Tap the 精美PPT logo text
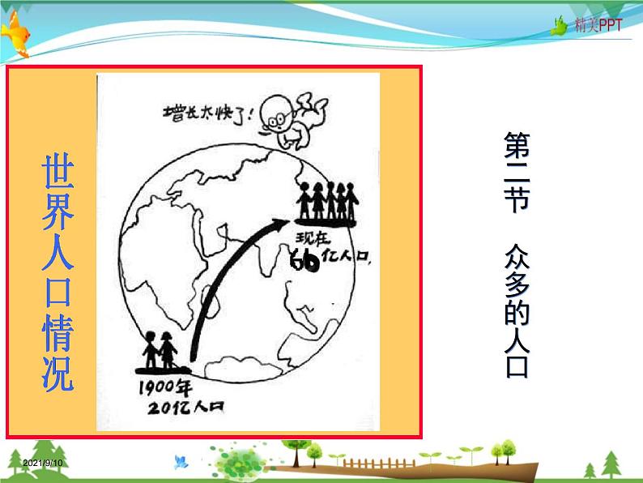click(x=598, y=25)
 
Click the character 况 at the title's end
click(x=57, y=374)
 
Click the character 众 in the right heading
click(x=515, y=258)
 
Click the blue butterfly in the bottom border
click(x=179, y=460)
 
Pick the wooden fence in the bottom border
click(x=368, y=464)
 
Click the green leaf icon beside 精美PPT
click(x=558, y=26)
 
